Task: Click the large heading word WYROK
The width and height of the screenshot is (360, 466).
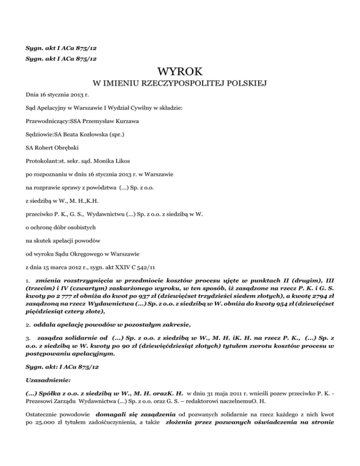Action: click(180, 72)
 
